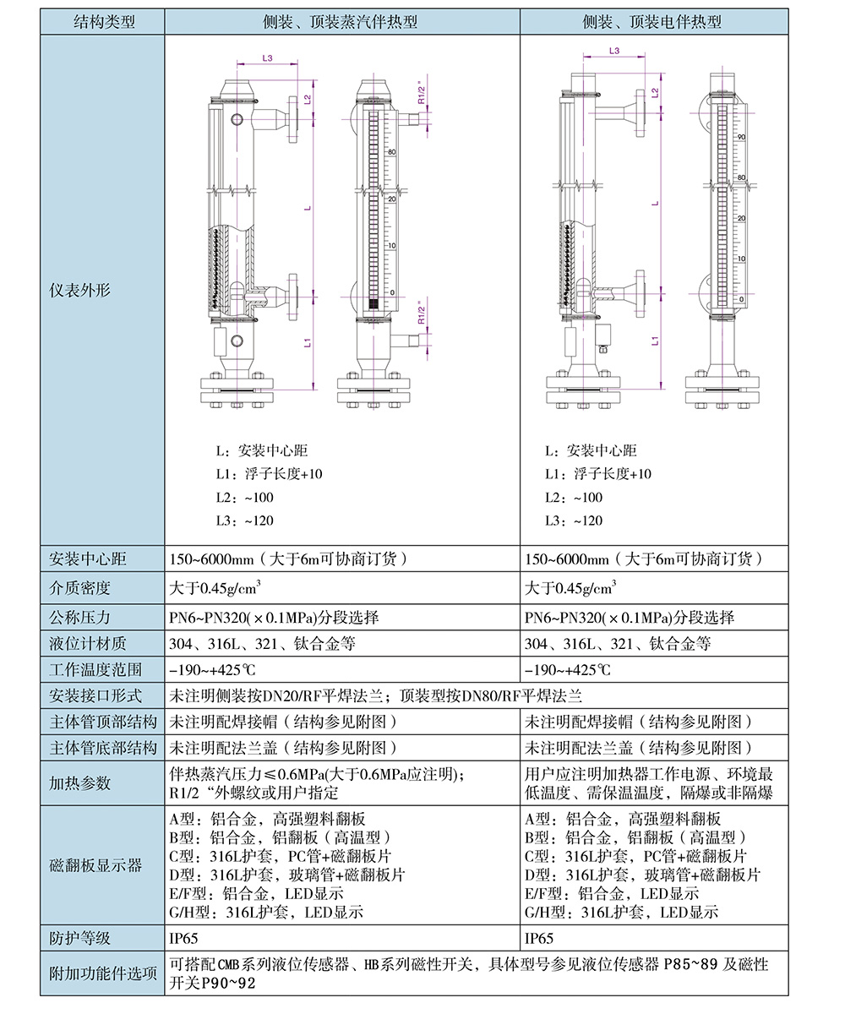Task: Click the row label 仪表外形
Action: tap(79, 290)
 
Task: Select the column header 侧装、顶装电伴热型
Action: tap(651, 22)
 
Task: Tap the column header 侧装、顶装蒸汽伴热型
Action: tap(340, 22)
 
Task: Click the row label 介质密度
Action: tap(79, 588)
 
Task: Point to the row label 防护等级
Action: tap(79, 938)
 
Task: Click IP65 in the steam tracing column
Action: tap(183, 938)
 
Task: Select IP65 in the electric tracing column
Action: tap(539, 938)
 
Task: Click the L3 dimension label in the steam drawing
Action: tap(268, 58)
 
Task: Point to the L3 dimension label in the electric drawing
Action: tap(614, 51)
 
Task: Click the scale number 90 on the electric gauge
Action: tap(742, 137)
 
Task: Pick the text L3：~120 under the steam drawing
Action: tap(245, 521)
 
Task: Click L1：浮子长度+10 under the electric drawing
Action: tap(597, 474)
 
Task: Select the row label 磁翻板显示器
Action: tap(95, 865)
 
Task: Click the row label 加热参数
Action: tap(79, 782)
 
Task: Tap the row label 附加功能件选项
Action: tap(103, 973)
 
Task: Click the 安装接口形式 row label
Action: tap(95, 695)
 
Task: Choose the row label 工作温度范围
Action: tap(95, 670)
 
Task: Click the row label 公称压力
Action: tap(79, 617)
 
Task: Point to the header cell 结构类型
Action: tap(104, 22)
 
